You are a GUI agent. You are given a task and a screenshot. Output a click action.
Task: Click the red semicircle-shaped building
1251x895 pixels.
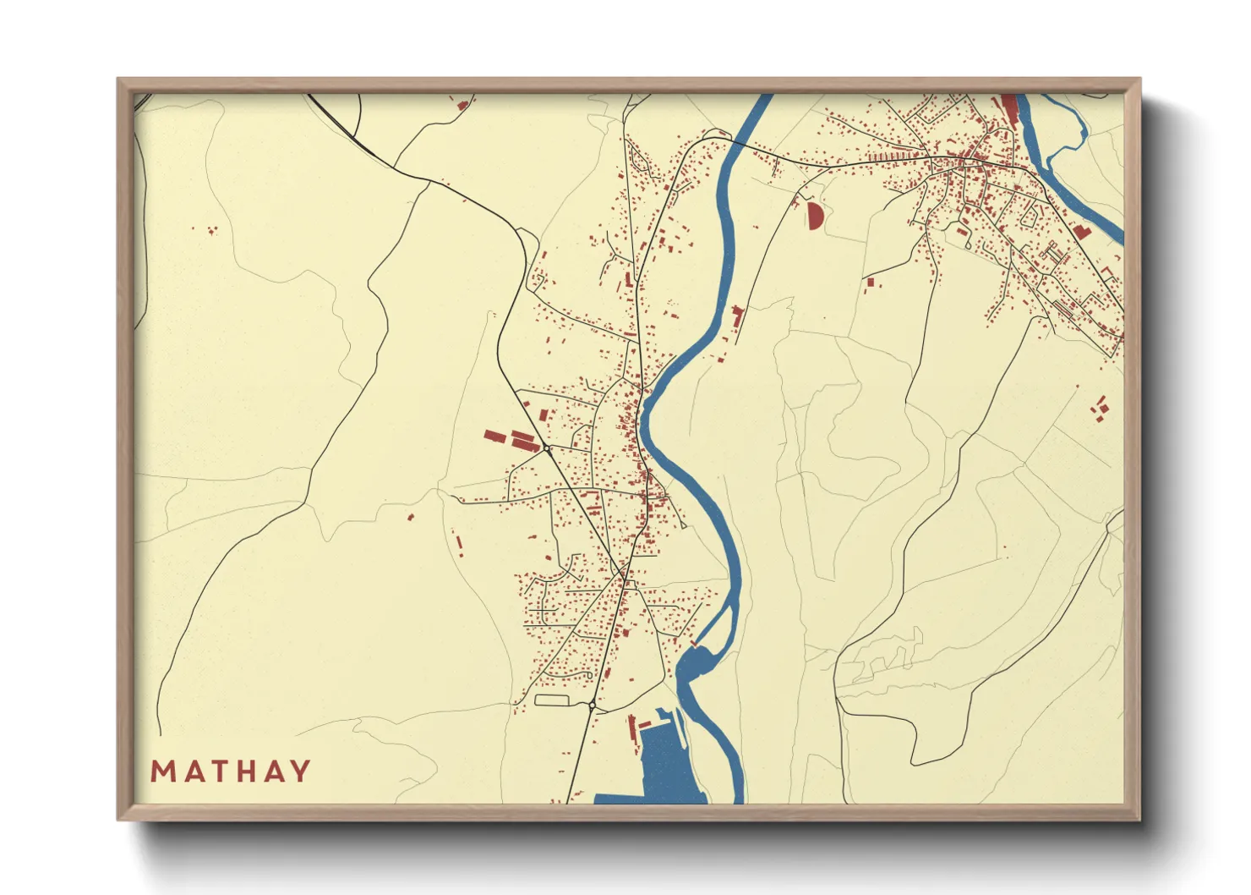(814, 216)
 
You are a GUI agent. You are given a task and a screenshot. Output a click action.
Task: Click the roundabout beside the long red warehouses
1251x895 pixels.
(547, 448)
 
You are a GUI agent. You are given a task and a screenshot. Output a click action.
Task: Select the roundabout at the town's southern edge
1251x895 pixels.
(593, 705)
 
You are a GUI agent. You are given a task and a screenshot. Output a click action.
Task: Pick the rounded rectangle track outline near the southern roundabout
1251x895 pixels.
(553, 700)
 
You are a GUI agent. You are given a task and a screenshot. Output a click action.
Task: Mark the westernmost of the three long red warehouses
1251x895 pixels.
(494, 437)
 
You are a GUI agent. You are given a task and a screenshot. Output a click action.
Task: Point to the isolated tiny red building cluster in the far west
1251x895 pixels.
(210, 229)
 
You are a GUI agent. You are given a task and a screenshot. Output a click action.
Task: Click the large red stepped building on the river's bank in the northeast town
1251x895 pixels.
(1081, 231)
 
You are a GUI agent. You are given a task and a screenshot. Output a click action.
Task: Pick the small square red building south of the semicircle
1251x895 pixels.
(869, 282)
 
